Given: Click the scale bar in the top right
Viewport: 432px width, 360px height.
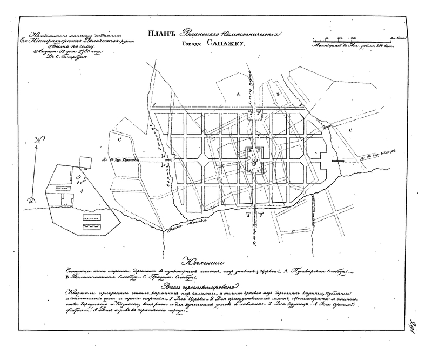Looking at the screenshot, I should pyautogui.click(x=354, y=39).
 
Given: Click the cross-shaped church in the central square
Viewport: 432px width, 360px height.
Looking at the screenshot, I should pyautogui.click(x=253, y=161).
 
